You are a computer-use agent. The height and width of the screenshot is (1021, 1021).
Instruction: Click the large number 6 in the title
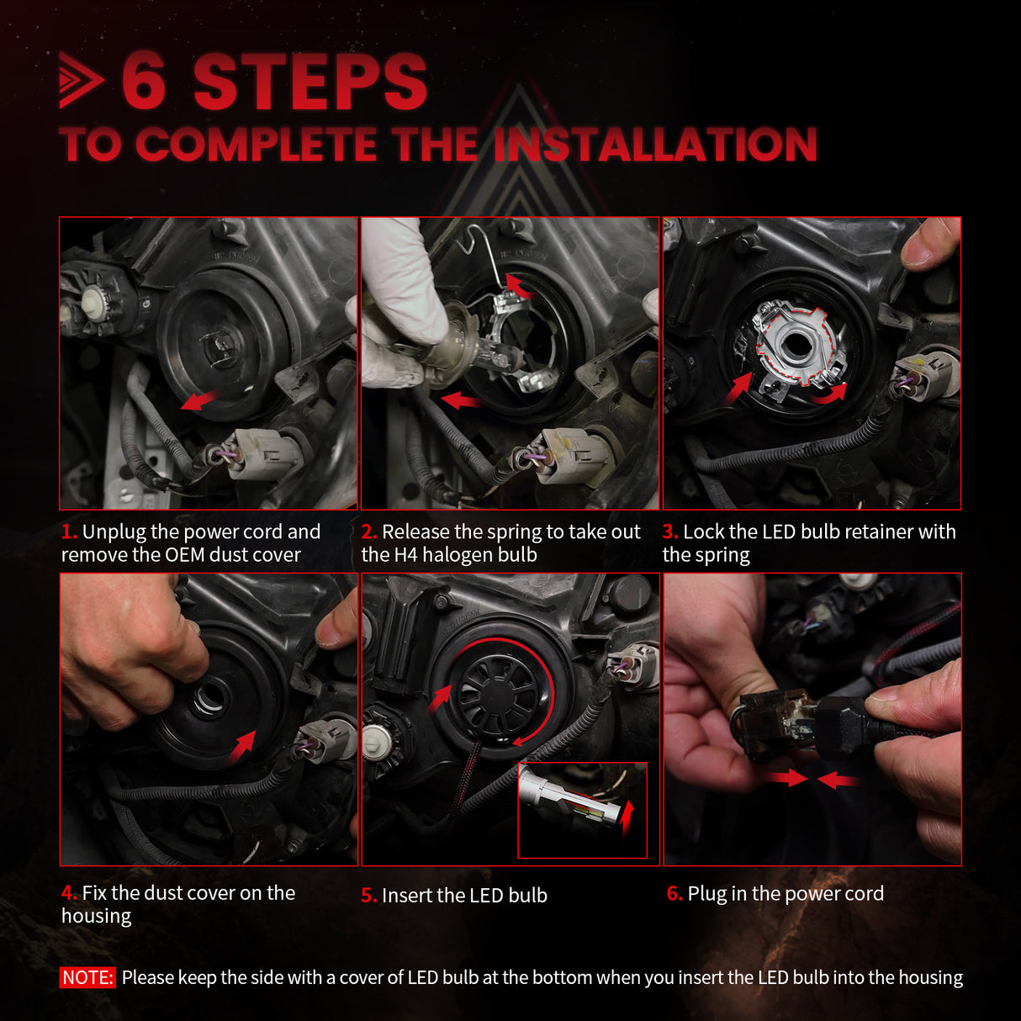tap(144, 82)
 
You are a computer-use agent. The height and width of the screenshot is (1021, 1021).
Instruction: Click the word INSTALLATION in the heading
tap(654, 145)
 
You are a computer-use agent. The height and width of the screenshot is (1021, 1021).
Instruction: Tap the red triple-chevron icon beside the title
tap(81, 81)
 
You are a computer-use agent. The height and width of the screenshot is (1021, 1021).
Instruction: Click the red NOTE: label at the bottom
tap(87, 977)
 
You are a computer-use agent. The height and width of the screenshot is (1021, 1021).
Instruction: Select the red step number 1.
tap(69, 532)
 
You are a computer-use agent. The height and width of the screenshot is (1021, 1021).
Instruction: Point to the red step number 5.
tap(368, 896)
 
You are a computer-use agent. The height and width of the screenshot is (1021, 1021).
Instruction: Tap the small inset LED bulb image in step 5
tap(582, 810)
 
